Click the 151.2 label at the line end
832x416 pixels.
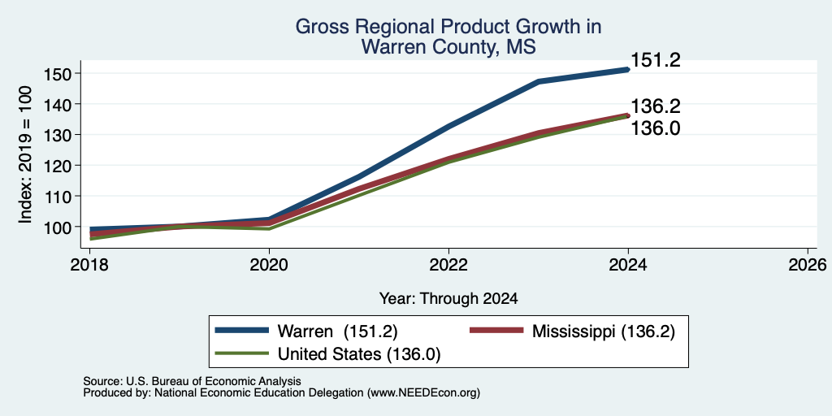tap(656, 60)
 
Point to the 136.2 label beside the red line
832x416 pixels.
tap(656, 106)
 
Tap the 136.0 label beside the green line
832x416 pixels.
tap(656, 128)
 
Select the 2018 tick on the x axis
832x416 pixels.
tap(89, 264)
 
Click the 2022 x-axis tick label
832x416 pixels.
tap(448, 264)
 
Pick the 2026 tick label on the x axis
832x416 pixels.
tap(808, 264)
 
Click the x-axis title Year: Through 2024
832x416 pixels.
tap(448, 299)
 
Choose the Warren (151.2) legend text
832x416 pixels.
tap(337, 331)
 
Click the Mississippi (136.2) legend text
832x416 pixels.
tap(604, 331)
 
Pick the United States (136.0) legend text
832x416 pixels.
tap(359, 354)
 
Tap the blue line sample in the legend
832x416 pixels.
tap(242, 331)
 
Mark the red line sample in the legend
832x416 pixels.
tap(496, 331)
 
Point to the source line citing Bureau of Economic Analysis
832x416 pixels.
tap(192, 381)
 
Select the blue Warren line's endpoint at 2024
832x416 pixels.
tap(628, 70)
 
